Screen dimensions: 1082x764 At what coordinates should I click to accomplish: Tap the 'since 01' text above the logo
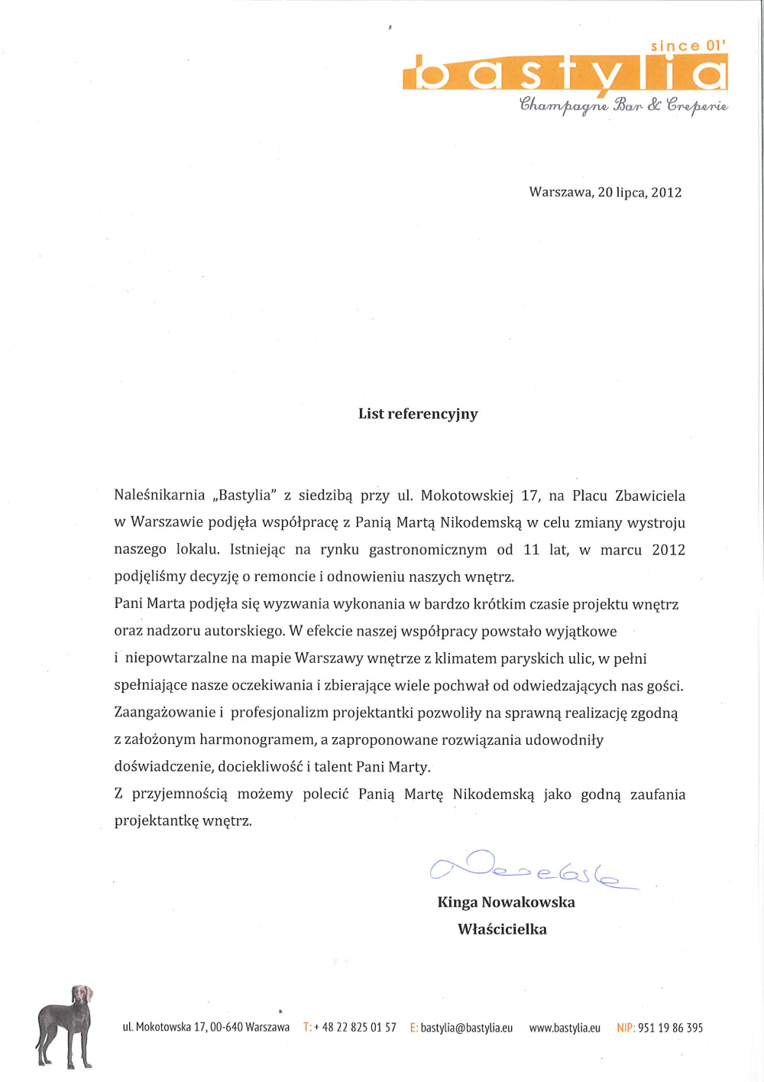click(688, 46)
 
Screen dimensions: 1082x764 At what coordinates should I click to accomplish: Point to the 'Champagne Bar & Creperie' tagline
click(623, 105)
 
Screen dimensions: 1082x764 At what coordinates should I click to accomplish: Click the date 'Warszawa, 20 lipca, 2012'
click(605, 192)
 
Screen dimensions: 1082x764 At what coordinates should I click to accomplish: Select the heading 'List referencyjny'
click(418, 414)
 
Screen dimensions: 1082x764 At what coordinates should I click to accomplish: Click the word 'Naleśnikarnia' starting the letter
click(160, 495)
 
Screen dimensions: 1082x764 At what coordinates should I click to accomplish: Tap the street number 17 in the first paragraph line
click(530, 496)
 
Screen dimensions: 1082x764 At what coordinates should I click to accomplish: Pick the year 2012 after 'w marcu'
click(668, 550)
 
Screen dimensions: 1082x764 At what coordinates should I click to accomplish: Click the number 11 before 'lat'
click(531, 550)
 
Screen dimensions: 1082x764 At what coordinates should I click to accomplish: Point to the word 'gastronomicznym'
click(428, 550)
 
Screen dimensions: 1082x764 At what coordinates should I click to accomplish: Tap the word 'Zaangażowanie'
click(163, 713)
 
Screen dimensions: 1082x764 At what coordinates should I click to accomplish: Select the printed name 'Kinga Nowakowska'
click(506, 902)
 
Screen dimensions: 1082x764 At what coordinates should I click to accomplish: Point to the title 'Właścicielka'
click(502, 929)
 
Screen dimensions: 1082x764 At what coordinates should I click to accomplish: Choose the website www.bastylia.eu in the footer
click(565, 1028)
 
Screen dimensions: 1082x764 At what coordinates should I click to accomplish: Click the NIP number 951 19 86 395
click(670, 1028)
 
